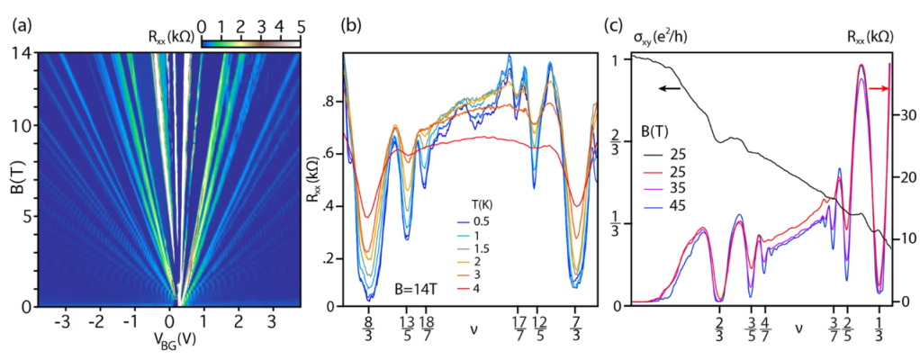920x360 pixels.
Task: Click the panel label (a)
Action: pos(21,24)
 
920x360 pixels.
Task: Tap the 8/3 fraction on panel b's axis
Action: pos(367,326)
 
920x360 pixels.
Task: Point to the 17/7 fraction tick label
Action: pos(519,326)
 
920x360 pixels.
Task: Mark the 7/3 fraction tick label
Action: pos(576,326)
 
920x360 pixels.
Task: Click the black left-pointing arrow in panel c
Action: pos(668,88)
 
